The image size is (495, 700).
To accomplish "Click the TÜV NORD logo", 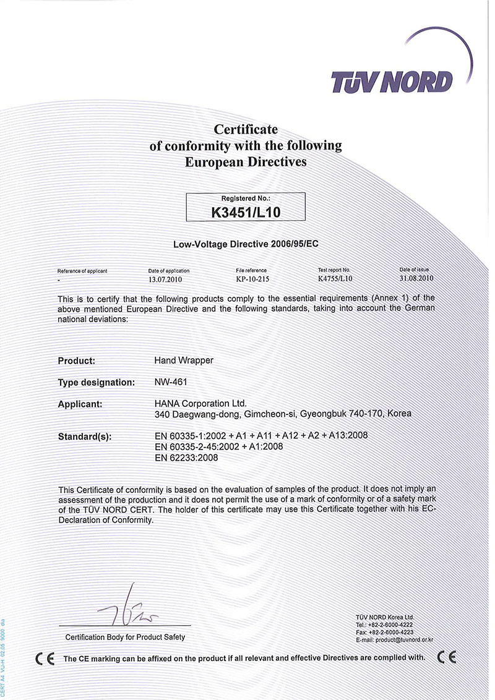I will point(392,81).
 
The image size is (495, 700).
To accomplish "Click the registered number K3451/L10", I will point(246,211).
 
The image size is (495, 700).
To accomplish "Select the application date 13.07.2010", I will point(167,279).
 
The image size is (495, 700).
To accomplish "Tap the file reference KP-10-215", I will point(251,279).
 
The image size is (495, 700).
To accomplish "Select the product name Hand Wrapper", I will point(184,360).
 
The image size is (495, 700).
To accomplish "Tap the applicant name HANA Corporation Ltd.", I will point(200,403).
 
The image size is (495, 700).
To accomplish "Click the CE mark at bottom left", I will point(45,658).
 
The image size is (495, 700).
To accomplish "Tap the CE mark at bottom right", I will point(446,657).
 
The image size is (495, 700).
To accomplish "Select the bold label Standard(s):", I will point(85,437).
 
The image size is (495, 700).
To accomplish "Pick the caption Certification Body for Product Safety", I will point(125,637).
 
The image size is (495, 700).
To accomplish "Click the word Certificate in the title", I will point(246,130).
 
